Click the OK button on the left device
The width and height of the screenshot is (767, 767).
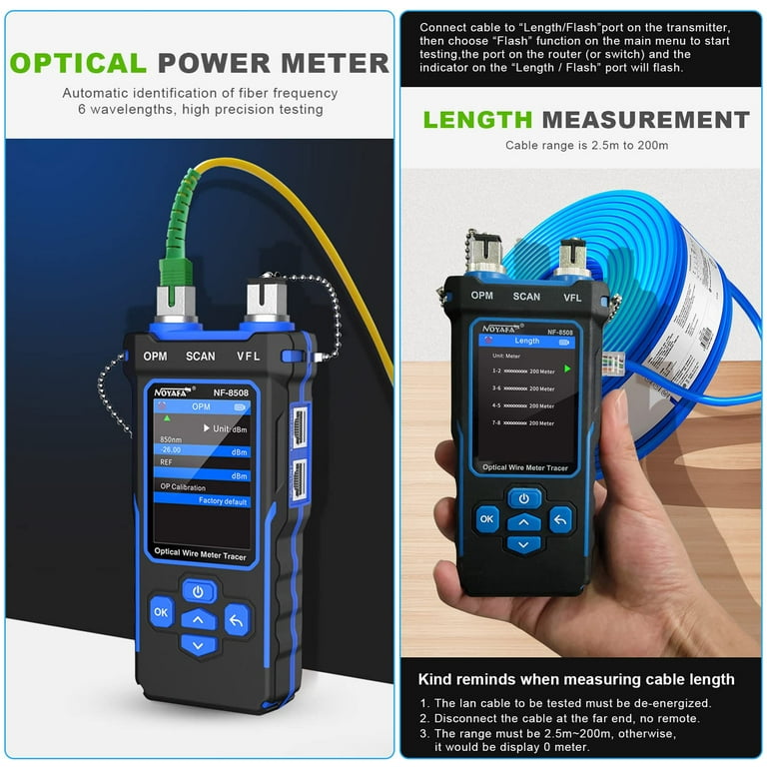tap(161, 610)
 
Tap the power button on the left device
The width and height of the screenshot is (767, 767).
tap(199, 591)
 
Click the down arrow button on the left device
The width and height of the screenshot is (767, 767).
tap(199, 646)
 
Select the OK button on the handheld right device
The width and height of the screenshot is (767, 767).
tap(487, 518)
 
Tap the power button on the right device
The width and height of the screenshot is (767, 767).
tap(524, 497)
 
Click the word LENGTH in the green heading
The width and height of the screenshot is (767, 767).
tap(476, 120)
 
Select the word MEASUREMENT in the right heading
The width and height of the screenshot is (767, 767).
tap(645, 120)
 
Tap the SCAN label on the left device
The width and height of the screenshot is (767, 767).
tap(200, 356)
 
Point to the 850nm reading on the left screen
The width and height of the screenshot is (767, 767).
tap(172, 439)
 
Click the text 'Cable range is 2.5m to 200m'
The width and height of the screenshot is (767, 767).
tap(586, 146)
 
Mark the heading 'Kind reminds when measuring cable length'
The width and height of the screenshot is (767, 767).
tap(575, 679)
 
